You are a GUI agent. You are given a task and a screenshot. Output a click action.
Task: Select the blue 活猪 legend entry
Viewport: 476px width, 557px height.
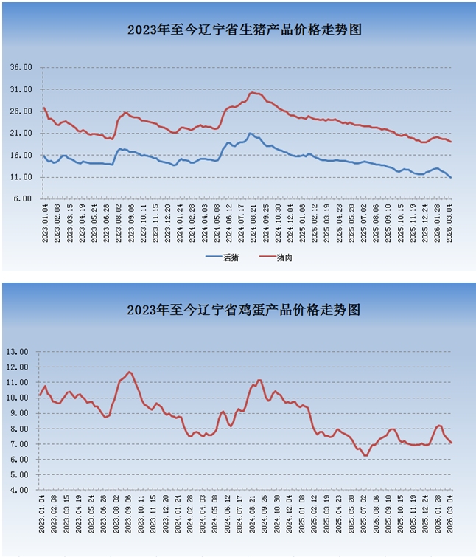(x=222, y=257)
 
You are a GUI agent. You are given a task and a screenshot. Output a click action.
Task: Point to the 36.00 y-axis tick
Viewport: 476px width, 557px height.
(x=21, y=67)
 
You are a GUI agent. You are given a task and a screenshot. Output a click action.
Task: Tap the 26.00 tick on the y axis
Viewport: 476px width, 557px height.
(x=21, y=111)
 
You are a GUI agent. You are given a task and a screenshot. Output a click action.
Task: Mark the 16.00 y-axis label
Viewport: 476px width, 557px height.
(x=21, y=156)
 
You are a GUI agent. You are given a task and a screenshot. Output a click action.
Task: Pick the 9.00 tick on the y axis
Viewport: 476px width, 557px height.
(x=19, y=413)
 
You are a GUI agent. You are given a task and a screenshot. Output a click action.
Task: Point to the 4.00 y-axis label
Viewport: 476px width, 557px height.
(x=19, y=490)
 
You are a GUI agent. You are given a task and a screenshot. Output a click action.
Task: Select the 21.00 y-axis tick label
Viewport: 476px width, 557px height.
(x=21, y=134)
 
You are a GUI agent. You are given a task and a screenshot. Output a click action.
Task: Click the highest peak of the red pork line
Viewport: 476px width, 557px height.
(x=253, y=92)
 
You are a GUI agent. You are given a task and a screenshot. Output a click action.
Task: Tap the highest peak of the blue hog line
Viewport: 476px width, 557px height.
(x=251, y=134)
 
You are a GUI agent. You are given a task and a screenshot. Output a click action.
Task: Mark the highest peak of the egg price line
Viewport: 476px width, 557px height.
(x=130, y=372)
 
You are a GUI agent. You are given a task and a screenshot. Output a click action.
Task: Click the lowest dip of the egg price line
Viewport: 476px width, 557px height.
(x=365, y=455)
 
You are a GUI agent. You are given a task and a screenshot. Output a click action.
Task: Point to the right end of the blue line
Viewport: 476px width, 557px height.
(x=451, y=178)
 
